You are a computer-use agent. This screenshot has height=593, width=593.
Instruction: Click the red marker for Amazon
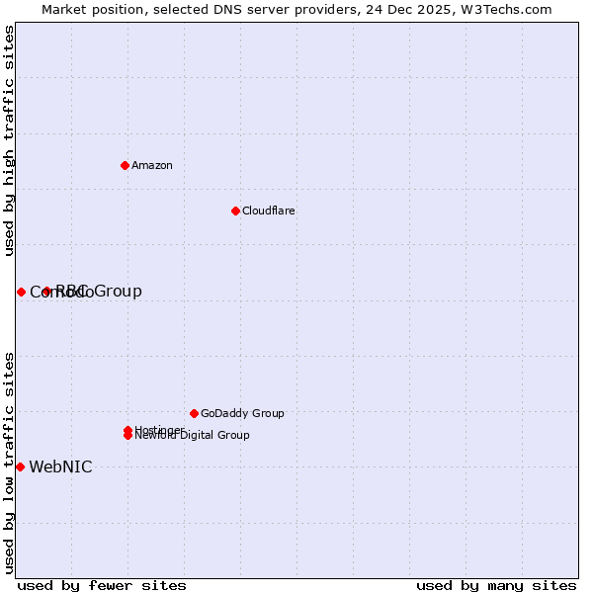click(125, 165)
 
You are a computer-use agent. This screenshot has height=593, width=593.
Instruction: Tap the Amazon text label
click(152, 165)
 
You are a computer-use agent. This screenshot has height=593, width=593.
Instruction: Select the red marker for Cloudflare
click(235, 211)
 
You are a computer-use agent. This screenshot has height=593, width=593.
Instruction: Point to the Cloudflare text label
click(269, 211)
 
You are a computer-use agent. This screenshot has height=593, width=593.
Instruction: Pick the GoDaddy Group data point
click(194, 413)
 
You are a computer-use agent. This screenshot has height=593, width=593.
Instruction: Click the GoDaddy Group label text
click(242, 413)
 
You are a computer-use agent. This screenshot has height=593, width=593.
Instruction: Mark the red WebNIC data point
click(20, 466)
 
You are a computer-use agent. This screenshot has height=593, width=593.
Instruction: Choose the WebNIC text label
click(60, 467)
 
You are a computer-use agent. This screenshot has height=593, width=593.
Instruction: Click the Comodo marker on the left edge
click(21, 292)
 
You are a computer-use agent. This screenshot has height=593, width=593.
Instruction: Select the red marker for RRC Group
click(46, 291)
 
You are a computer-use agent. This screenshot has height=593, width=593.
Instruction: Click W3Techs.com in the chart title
click(503, 10)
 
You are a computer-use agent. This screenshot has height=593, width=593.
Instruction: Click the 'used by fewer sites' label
click(102, 585)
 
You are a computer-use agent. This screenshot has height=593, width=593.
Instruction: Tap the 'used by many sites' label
click(496, 585)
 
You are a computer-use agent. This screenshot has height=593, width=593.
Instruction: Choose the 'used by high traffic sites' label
click(10, 140)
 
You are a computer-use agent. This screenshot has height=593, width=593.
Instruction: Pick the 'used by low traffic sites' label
click(10, 462)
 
